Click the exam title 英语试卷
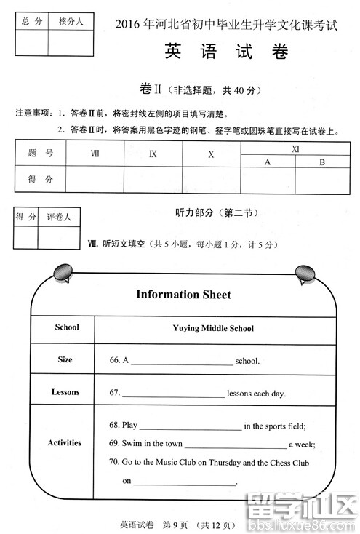[226, 53]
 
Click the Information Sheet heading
[183, 295]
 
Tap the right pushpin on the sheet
[304, 274]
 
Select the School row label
[66, 327]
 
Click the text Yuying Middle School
[213, 328]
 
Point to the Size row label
[65, 359]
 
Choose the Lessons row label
[65, 392]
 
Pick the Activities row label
[65, 442]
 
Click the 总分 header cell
[31, 22]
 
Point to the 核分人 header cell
[71, 22]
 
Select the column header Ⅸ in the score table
[153, 154]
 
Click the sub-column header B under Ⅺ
[321, 162]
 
